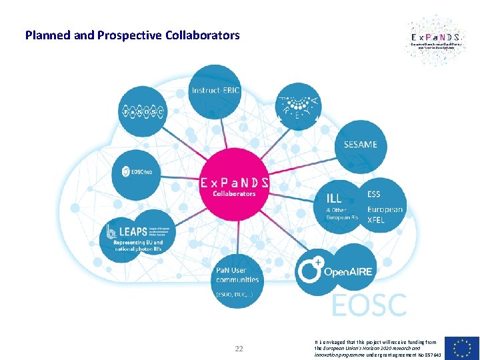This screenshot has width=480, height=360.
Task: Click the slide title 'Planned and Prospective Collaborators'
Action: pyautogui.click(x=132, y=35)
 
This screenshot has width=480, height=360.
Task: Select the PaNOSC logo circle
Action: pyautogui.click(x=141, y=112)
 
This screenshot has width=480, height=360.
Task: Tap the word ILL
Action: pyautogui.click(x=334, y=199)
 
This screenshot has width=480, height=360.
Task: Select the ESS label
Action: pyautogui.click(x=374, y=195)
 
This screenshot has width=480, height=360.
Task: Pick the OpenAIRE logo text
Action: pyautogui.click(x=347, y=271)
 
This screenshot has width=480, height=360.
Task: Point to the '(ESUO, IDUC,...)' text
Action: pyautogui.click(x=234, y=294)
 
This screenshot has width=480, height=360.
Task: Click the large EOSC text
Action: pyautogui.click(x=369, y=305)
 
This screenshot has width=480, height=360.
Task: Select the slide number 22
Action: pyautogui.click(x=239, y=349)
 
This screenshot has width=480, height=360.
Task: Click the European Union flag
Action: pyautogui.click(x=461, y=347)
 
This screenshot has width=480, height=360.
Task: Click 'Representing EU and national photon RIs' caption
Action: pyautogui.click(x=139, y=245)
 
